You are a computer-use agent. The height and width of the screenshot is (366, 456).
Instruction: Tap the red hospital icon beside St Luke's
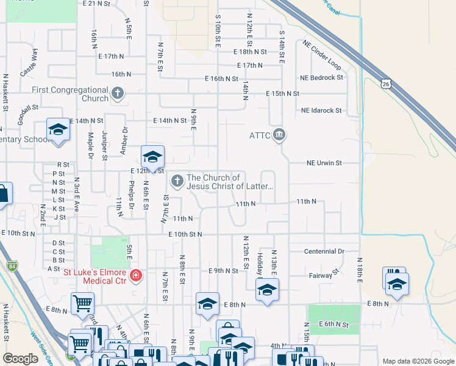135,276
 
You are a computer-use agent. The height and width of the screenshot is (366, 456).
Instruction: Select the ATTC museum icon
279,134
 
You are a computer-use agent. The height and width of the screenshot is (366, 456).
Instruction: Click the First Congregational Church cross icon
118,94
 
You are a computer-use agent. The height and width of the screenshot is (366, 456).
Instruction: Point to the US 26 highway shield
385,84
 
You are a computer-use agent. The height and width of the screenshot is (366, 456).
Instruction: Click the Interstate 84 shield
12,266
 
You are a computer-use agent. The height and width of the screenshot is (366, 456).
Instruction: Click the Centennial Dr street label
324,251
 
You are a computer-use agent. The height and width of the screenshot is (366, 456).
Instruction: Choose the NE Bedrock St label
321,78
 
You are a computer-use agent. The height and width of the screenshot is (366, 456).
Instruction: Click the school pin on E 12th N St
152,157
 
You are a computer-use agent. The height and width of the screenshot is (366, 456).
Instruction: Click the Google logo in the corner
20,358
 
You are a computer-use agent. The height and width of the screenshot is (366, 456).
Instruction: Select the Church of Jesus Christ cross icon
177,180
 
